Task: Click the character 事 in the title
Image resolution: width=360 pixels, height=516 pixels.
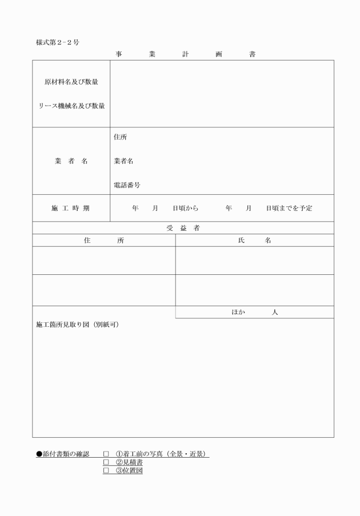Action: point(118,54)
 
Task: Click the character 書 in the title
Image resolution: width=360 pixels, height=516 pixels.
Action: point(252,54)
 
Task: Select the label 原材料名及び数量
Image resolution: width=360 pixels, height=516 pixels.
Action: point(71,82)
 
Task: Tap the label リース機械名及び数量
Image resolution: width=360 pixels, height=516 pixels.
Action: point(71,106)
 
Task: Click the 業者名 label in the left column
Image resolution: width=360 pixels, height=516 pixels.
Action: point(71,161)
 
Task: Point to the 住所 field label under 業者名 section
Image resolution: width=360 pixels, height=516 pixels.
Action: point(121,137)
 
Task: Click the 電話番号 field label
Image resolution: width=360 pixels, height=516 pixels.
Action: point(127,185)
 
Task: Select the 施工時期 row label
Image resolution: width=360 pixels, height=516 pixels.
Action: point(71,209)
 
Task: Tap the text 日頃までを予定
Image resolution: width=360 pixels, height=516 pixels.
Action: point(289,209)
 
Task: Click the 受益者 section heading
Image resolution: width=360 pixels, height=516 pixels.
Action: point(183,228)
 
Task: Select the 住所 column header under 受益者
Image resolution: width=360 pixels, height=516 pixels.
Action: point(103,241)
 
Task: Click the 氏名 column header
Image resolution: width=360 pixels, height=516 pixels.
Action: point(254,241)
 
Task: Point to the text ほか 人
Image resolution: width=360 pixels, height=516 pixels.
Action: point(254,313)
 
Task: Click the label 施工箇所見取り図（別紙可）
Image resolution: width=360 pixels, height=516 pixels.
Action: point(77,325)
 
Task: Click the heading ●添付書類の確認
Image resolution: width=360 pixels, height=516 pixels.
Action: point(63,454)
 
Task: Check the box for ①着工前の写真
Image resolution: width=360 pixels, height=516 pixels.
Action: point(106,454)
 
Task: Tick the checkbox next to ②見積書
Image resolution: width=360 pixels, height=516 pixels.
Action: point(106,462)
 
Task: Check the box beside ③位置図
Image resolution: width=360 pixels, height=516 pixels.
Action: point(106,471)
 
